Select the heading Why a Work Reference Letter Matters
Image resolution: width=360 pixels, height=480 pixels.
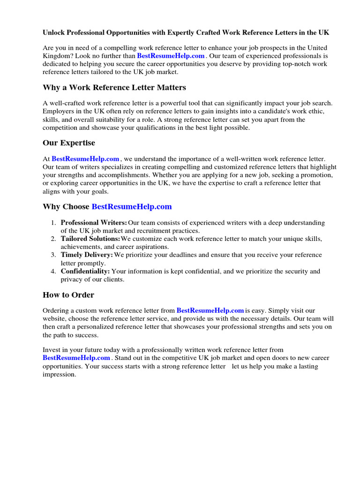click(114, 88)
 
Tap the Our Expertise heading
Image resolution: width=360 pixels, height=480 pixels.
click(69, 143)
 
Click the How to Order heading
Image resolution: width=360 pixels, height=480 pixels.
click(68, 295)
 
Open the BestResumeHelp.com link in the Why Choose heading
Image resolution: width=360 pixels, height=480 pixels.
click(132, 207)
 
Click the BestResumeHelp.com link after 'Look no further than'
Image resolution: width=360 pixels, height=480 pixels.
click(171, 56)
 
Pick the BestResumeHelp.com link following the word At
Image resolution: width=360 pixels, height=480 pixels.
click(85, 159)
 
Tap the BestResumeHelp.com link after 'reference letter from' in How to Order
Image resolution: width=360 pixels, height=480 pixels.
click(210, 310)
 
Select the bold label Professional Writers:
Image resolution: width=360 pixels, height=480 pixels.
click(94, 223)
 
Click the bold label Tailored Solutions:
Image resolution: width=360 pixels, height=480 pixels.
click(90, 239)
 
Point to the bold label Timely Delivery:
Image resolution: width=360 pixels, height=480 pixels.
click(87, 255)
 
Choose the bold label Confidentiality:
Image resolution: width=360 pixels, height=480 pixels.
click(85, 271)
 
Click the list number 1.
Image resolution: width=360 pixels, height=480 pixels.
click(53, 223)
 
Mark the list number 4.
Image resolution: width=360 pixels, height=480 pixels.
click(53, 271)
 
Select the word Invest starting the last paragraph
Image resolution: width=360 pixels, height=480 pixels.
click(52, 350)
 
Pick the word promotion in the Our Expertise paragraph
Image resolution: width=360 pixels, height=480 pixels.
click(314, 175)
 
